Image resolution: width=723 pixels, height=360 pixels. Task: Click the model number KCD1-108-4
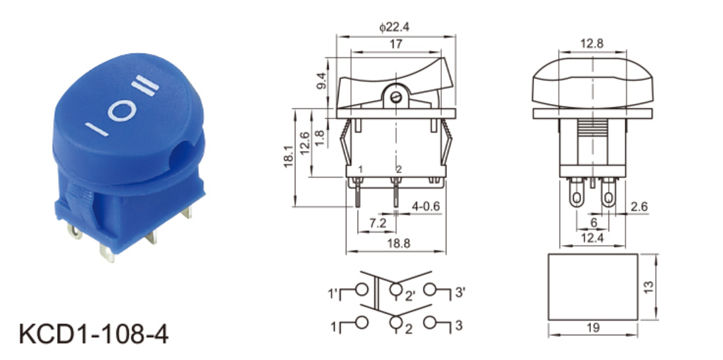pos(93,334)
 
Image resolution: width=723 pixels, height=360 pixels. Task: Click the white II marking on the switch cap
pos(145,86)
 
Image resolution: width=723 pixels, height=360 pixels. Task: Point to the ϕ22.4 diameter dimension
pos(394,27)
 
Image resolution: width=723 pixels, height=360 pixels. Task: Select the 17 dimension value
pos(395,44)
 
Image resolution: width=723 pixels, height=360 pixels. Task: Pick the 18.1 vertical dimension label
pos(289,157)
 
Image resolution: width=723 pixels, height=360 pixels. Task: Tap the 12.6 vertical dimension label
pos(305,144)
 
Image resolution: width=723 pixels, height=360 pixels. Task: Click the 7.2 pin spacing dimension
pos(377,223)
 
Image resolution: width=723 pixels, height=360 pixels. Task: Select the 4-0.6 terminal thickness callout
pos(426,206)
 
